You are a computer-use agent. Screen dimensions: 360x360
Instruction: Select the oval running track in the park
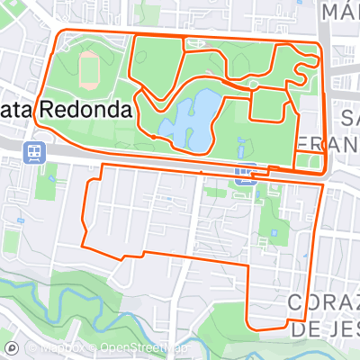point(90,64)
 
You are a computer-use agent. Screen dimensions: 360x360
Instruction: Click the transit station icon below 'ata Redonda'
point(34,151)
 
